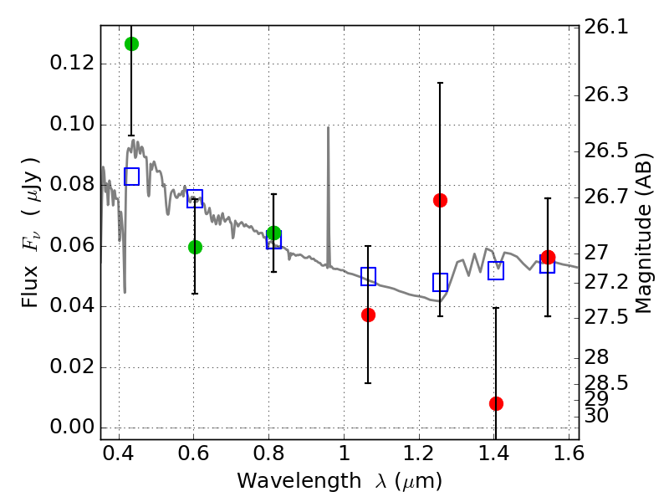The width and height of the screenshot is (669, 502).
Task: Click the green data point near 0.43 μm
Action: [x=131, y=44]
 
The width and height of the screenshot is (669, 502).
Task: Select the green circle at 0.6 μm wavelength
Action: [x=195, y=247]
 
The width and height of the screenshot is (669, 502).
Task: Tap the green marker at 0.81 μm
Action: [x=273, y=233]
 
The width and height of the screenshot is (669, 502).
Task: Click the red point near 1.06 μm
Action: [x=368, y=315]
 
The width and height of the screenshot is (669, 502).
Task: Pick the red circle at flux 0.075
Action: [x=440, y=200]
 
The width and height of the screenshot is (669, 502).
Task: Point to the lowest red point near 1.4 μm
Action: [x=496, y=403]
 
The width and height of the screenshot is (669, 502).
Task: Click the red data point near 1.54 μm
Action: [x=548, y=257]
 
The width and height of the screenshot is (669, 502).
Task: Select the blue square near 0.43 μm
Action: [x=131, y=177]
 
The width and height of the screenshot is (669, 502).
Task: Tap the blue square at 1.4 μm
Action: [x=496, y=270]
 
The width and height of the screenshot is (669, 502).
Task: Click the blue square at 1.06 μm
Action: [x=368, y=276]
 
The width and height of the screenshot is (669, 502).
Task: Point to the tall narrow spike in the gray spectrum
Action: [x=328, y=129]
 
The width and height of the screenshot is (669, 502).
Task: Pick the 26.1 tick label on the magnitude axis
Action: [x=608, y=27]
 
